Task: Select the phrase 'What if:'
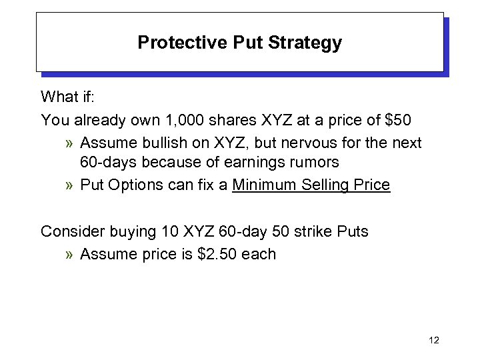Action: click(x=69, y=97)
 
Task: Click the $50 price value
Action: click(x=399, y=120)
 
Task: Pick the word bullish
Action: click(x=155, y=143)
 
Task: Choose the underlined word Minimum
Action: click(x=263, y=185)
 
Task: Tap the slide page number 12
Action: click(x=434, y=341)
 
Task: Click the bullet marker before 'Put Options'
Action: click(x=70, y=185)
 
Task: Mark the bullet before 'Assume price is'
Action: click(x=70, y=254)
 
